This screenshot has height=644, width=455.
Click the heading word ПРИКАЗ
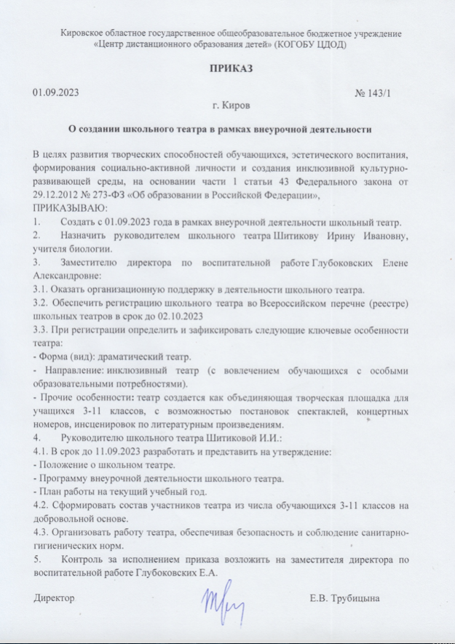click(x=227, y=69)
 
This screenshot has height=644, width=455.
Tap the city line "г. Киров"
click(x=227, y=107)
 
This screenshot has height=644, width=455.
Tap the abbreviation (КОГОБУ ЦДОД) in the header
click(x=310, y=44)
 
